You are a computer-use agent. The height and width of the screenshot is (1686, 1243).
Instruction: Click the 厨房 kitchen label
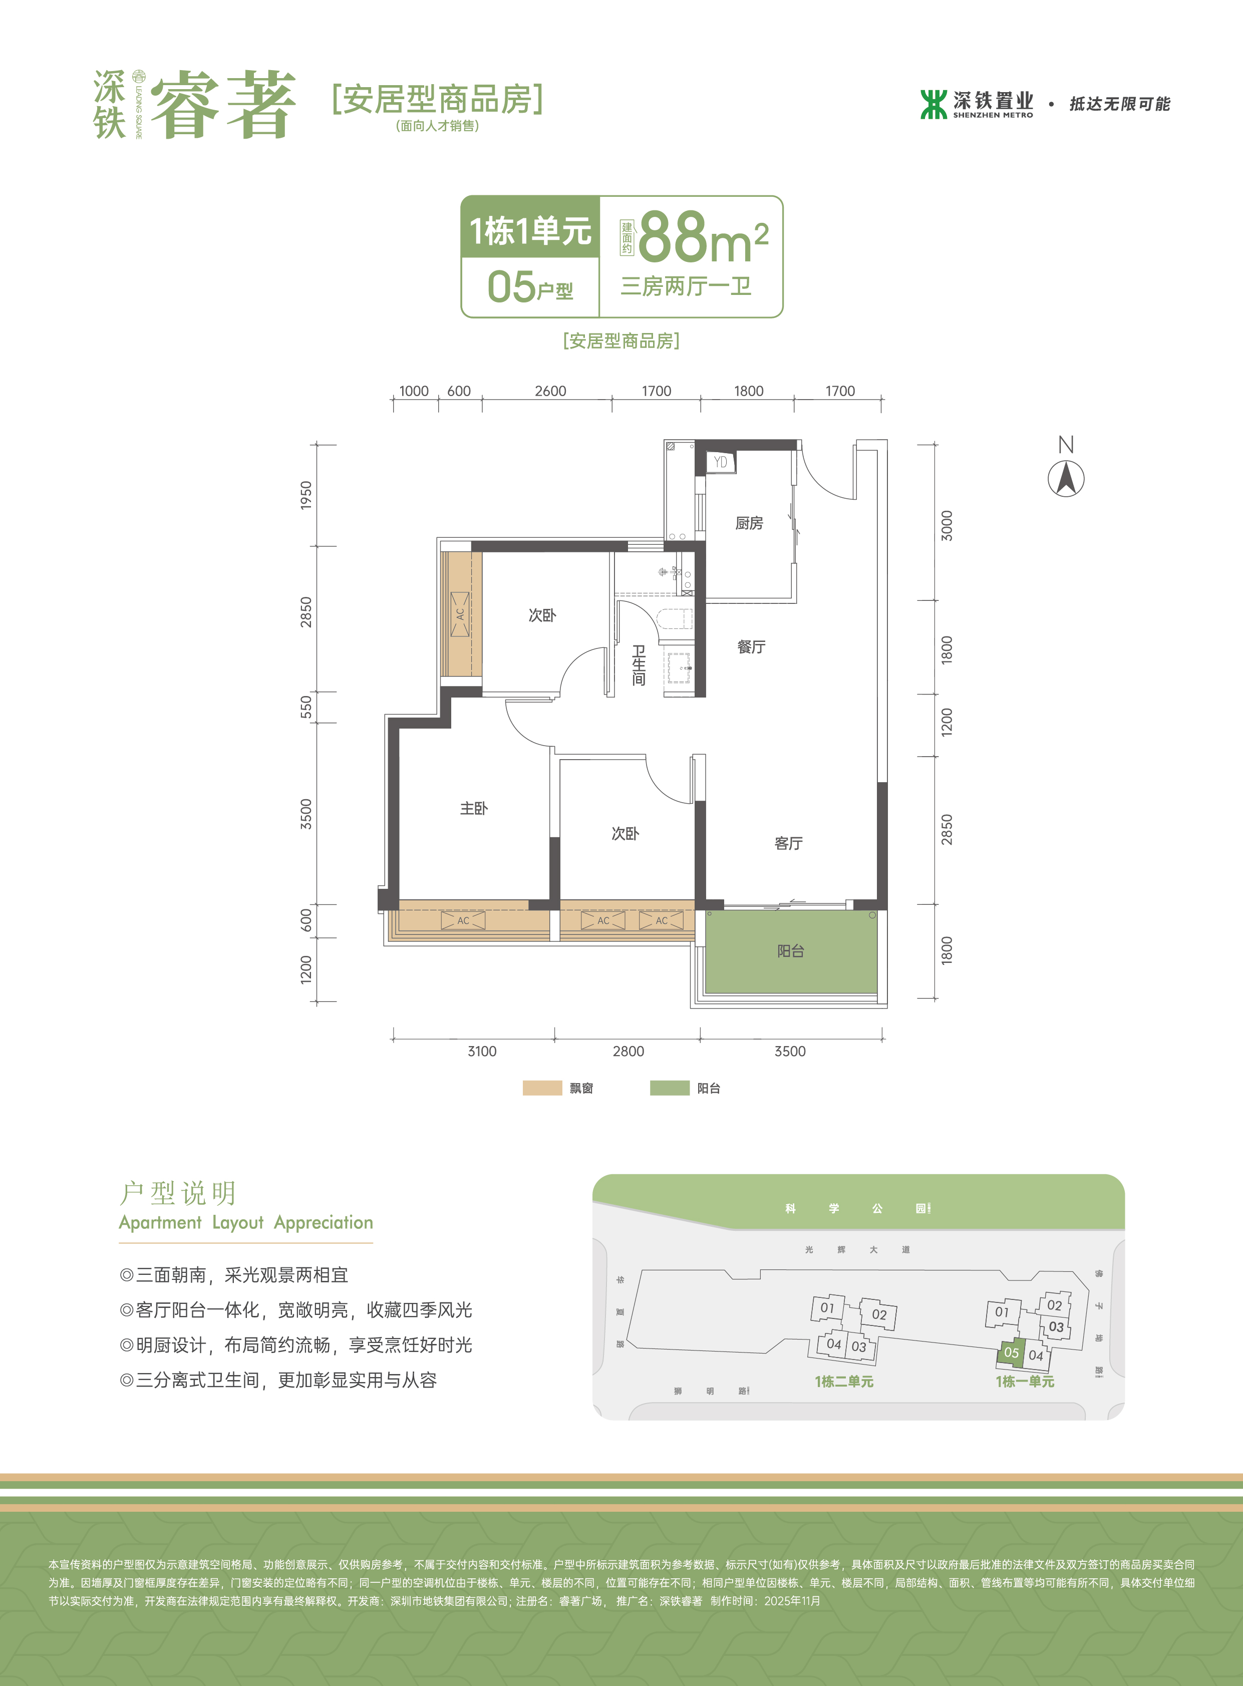[x=749, y=523]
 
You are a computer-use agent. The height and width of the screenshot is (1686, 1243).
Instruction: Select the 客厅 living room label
[x=789, y=843]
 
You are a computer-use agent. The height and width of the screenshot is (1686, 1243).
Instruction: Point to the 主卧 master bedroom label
[x=474, y=808]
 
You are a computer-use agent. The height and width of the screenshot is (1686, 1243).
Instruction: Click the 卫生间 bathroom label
[x=639, y=665]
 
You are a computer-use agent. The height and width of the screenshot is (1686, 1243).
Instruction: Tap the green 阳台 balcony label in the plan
[x=791, y=951]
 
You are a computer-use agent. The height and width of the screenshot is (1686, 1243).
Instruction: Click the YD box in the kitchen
[x=720, y=462]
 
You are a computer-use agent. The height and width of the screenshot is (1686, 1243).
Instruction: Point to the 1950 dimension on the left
[x=305, y=495]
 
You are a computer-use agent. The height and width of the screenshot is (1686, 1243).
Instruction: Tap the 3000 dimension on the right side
[x=947, y=525]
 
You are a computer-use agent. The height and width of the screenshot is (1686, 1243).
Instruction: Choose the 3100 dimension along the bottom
[x=482, y=1051]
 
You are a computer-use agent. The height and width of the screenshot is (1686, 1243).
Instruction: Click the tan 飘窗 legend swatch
[x=542, y=1088]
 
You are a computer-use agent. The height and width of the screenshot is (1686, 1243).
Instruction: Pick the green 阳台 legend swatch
[x=670, y=1088]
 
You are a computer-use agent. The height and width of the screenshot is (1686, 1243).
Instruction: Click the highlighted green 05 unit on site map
[x=1011, y=1353]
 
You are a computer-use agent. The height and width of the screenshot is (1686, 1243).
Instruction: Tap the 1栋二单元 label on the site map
[x=844, y=1382]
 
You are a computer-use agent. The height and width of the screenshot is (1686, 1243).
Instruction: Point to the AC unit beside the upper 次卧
[x=460, y=614]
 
